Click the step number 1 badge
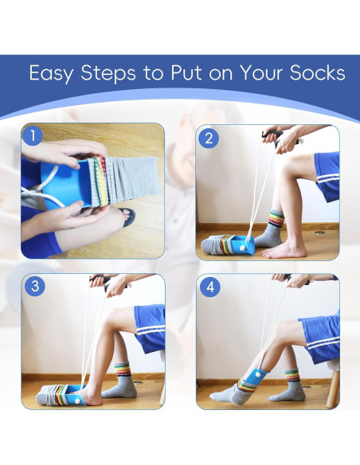(x=33, y=136)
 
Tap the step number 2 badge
(x=209, y=139)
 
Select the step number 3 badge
(x=35, y=286)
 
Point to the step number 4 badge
(x=210, y=287)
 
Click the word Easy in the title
(x=51, y=73)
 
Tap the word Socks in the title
(x=318, y=73)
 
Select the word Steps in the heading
(x=108, y=73)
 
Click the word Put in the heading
(x=186, y=73)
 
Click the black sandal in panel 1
(x=127, y=217)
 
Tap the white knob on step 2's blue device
(x=242, y=247)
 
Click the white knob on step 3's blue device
(x=77, y=401)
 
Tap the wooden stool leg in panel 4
(x=332, y=389)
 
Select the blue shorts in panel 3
(x=150, y=328)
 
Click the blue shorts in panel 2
(x=327, y=176)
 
